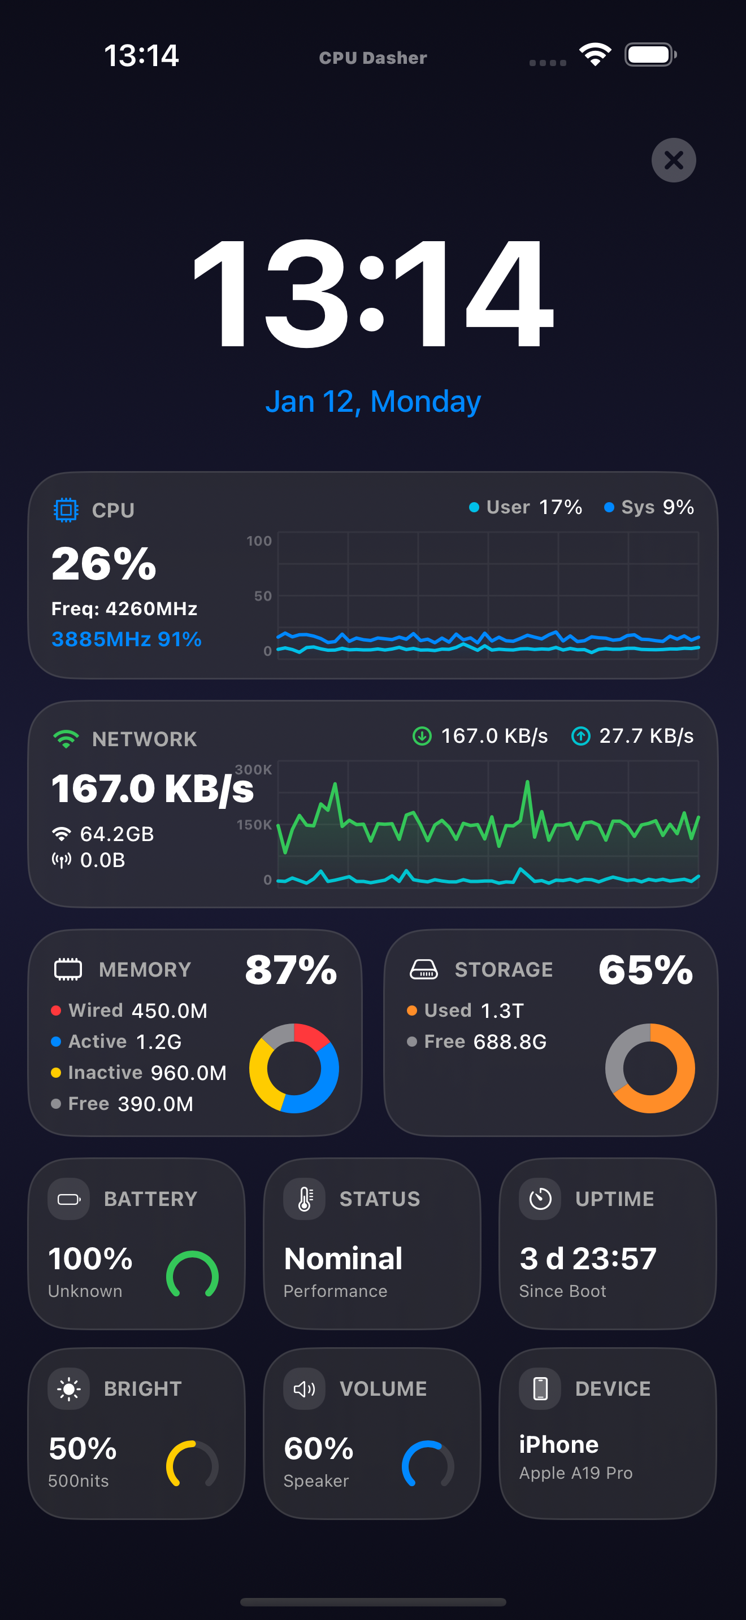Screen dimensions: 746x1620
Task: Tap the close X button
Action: click(674, 160)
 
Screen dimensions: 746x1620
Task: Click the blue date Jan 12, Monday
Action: click(373, 401)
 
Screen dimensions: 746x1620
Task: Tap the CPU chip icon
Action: click(66, 510)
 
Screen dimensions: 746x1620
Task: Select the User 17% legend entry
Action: click(526, 507)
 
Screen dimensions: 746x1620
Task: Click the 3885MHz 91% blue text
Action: click(127, 639)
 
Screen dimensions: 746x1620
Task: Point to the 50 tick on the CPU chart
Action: click(263, 595)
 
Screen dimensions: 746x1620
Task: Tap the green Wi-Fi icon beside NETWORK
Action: click(66, 738)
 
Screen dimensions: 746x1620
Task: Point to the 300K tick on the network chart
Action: click(254, 769)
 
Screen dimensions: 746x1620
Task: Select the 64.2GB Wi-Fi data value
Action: click(117, 834)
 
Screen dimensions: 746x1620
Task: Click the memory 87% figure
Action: click(290, 970)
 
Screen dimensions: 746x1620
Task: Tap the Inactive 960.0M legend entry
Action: click(139, 1073)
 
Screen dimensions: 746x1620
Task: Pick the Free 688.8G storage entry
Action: click(477, 1042)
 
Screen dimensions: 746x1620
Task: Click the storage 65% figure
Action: click(645, 970)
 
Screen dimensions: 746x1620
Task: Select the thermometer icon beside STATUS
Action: click(305, 1199)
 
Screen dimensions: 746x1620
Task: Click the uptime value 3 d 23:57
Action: click(588, 1259)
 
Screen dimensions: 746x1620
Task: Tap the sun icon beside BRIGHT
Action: click(68, 1388)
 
